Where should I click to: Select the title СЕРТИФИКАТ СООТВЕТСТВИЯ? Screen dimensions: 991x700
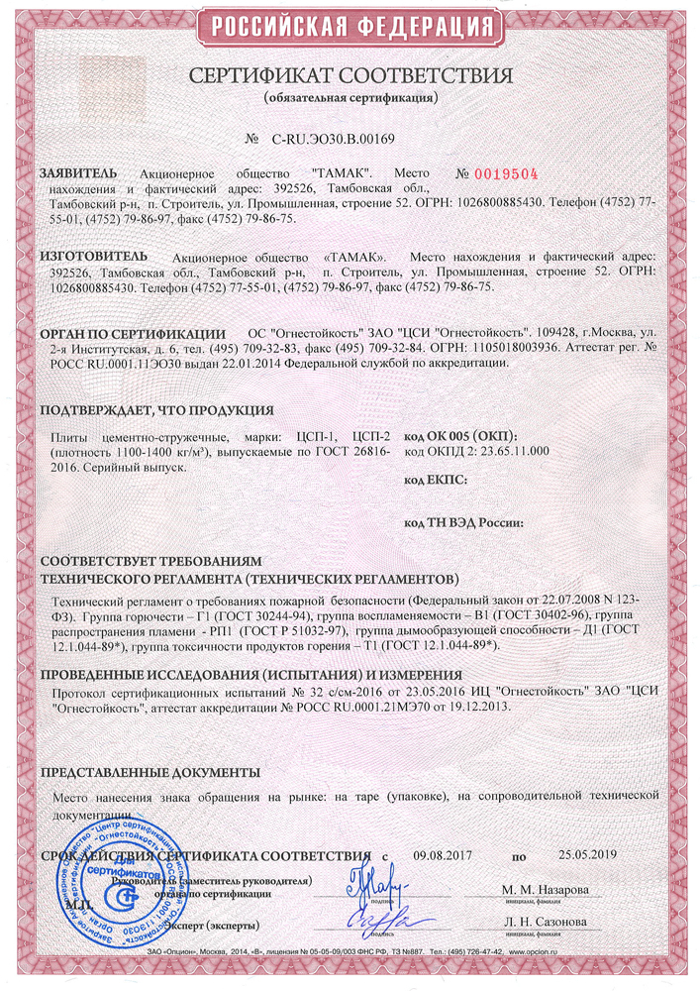point(350,77)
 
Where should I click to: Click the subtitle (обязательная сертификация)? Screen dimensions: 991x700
point(350,99)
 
